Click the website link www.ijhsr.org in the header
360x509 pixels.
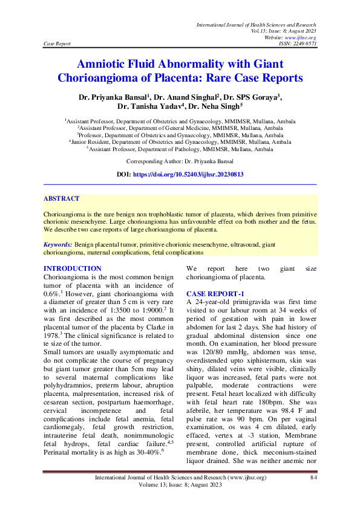(x=302, y=37)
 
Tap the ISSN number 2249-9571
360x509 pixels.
(x=302, y=44)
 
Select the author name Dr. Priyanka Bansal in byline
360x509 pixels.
(x=115, y=97)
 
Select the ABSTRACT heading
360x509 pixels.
(x=62, y=198)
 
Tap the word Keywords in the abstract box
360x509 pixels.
(x=58, y=244)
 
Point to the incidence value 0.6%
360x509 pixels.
(x=53, y=293)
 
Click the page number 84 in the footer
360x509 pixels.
(x=313, y=479)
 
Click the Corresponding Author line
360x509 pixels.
(x=180, y=162)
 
